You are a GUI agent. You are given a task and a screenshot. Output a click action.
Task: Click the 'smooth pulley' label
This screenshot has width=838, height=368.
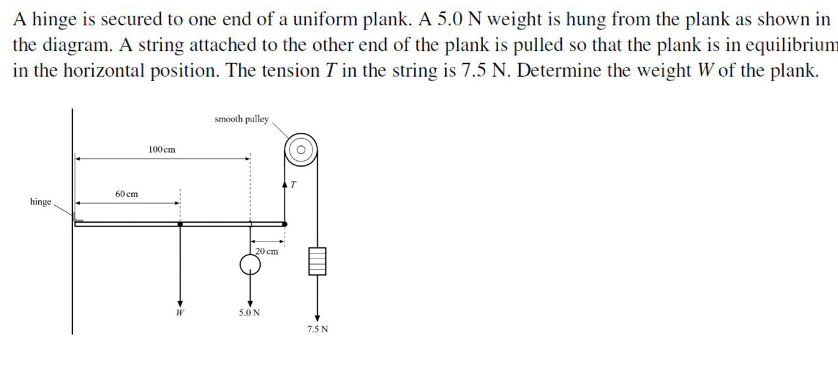coord(241,119)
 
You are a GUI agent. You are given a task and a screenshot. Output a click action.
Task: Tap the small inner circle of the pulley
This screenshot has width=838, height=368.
coord(302,150)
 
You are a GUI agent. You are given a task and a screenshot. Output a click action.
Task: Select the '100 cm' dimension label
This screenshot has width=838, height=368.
coord(162,150)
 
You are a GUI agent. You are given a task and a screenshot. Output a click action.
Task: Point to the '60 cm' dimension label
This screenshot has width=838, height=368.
coord(127,194)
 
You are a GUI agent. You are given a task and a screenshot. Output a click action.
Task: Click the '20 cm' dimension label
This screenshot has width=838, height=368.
coord(267,251)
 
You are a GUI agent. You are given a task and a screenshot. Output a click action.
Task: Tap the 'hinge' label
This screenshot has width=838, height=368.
coord(41,202)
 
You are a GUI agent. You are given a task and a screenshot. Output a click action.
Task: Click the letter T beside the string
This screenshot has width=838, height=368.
coord(293,185)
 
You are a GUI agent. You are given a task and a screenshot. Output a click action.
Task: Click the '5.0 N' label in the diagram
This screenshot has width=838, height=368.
coord(249,312)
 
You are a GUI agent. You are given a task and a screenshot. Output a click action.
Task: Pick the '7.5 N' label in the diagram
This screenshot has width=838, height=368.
coord(317,329)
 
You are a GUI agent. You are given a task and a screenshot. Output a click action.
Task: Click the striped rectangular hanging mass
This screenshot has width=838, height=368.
coord(317,261)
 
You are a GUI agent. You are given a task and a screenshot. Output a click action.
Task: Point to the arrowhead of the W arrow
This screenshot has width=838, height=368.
coord(180,301)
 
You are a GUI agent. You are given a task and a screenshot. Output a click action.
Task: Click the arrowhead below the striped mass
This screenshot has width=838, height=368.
coord(317,318)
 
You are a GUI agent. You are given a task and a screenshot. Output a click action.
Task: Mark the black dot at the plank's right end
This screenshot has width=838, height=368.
coord(285,223)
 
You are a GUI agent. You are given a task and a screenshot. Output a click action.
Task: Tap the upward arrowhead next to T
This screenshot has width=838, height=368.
coord(286,185)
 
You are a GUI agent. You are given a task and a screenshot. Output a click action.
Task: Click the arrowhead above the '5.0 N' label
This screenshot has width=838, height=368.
coord(250,301)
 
